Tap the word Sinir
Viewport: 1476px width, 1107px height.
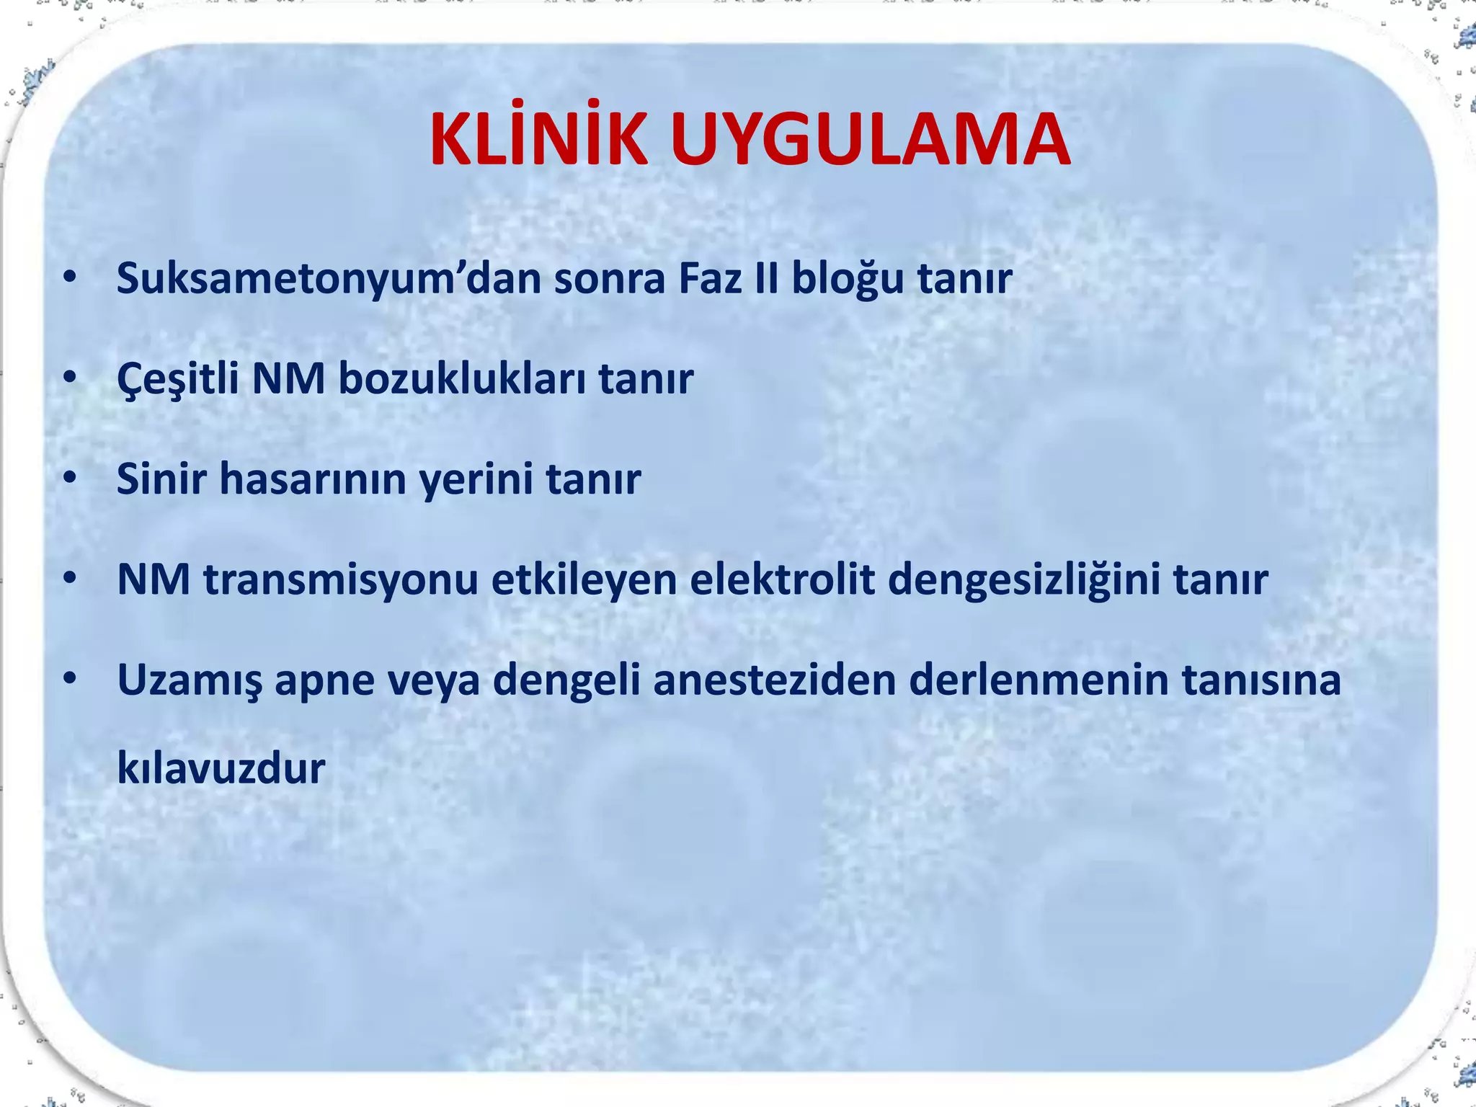161,479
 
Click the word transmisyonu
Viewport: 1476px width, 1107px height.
341,579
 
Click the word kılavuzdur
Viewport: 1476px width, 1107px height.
221,768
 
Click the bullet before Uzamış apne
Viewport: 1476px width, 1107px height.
69,679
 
